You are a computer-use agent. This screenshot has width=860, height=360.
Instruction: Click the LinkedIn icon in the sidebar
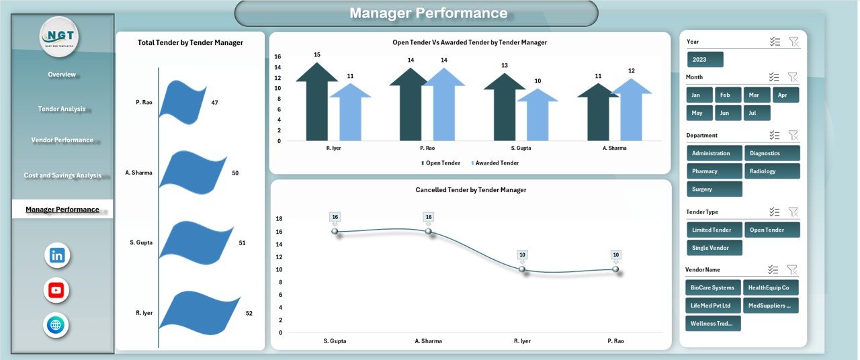click(57, 255)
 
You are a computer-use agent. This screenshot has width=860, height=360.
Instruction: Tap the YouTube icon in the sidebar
click(56, 290)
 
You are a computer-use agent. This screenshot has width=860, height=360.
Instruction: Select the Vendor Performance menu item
click(62, 140)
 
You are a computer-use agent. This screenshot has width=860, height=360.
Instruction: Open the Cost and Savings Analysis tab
click(62, 175)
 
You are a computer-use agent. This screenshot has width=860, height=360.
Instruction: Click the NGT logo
click(59, 36)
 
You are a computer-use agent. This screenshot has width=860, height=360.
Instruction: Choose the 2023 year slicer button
click(705, 59)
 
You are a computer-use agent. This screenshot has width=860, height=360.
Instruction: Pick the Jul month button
click(752, 113)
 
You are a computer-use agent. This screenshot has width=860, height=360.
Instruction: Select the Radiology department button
click(772, 171)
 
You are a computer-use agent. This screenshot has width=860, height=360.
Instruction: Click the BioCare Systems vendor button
click(713, 287)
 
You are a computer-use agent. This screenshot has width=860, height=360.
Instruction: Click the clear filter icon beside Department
click(793, 135)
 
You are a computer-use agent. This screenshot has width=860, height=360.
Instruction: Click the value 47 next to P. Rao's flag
click(214, 103)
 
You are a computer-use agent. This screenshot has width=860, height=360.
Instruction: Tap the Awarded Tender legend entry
click(497, 163)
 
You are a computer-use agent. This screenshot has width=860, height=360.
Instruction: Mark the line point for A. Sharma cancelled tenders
click(429, 231)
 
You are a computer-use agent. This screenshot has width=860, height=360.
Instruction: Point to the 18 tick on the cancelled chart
click(279, 219)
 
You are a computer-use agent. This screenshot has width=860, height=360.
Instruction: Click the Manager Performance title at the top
click(429, 13)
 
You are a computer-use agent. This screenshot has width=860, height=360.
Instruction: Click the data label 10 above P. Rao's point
click(615, 255)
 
